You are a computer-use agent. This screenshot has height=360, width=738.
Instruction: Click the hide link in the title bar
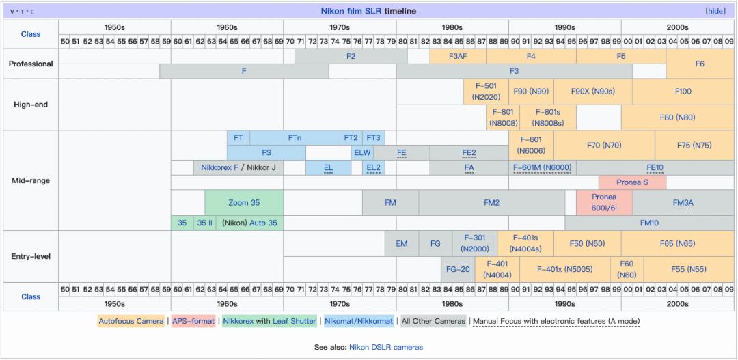pyautogui.click(x=715, y=11)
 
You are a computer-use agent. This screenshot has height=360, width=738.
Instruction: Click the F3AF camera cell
pyautogui.click(x=458, y=56)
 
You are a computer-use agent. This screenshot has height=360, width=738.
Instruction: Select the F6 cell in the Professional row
pyautogui.click(x=700, y=64)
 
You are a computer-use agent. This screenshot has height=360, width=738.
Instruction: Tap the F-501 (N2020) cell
pyautogui.click(x=486, y=92)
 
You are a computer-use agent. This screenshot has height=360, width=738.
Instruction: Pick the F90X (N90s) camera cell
pyautogui.click(x=592, y=92)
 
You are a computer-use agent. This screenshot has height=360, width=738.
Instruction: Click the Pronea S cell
pyautogui.click(x=631, y=182)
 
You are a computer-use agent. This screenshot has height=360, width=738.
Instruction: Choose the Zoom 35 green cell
pyautogui.click(x=244, y=203)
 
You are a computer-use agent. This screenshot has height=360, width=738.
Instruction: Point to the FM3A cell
pyautogui.click(x=683, y=203)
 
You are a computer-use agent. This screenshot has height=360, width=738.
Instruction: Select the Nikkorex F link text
pyautogui.click(x=219, y=167)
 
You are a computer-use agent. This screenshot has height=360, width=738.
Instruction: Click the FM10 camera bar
pyautogui.click(x=649, y=223)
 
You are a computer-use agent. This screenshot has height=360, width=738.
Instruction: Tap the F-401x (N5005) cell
pyautogui.click(x=564, y=269)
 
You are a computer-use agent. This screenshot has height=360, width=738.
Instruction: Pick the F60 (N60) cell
pyautogui.click(x=627, y=269)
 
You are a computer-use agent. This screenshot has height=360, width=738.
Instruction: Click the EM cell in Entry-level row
pyautogui.click(x=402, y=243)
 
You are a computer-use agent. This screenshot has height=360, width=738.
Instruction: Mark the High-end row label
pyautogui.click(x=31, y=105)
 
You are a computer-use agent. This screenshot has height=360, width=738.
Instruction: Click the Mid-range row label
pyautogui.click(x=31, y=181)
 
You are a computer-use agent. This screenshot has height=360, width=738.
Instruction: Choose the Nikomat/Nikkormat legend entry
pyautogui.click(x=359, y=321)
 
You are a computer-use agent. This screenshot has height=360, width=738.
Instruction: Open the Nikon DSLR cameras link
pyautogui.click(x=386, y=347)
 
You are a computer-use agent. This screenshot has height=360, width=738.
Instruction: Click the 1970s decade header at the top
pyautogui.click(x=340, y=28)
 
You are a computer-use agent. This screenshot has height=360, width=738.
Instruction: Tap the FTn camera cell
pyautogui.click(x=295, y=137)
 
